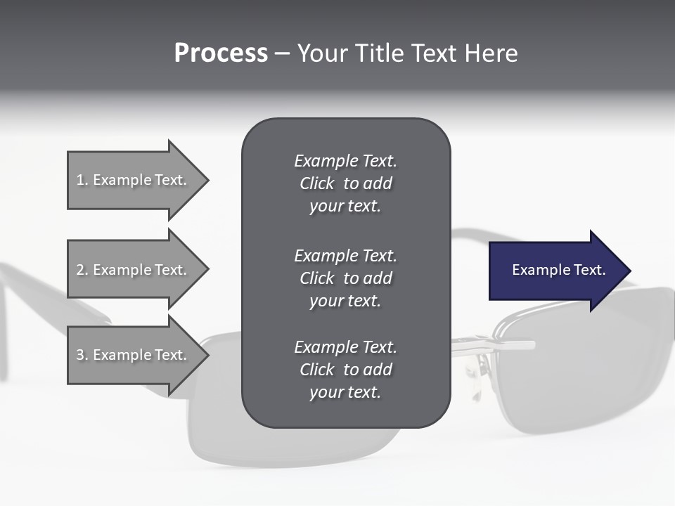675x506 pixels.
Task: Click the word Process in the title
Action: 221,53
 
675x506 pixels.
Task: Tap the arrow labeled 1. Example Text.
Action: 134,180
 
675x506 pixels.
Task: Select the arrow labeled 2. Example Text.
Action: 134,270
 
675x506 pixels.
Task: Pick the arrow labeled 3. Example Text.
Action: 134,355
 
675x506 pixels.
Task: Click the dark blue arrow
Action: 555,271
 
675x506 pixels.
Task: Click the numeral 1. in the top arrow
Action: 82,180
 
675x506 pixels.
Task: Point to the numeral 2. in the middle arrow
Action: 82,270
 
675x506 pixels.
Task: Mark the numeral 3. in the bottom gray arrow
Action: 82,355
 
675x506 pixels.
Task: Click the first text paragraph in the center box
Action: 345,183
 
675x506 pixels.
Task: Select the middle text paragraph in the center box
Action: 345,278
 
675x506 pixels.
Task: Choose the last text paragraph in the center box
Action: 345,370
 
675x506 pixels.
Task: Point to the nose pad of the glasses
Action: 483,366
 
